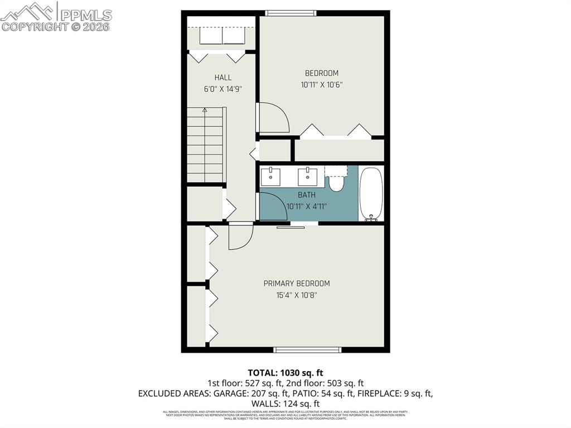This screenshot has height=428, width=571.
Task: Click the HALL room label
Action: [x=222, y=78]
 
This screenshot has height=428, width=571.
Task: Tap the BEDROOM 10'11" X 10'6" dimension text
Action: [x=321, y=85]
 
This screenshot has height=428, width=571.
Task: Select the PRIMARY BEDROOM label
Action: [x=297, y=283]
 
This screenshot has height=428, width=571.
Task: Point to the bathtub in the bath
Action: [x=371, y=193]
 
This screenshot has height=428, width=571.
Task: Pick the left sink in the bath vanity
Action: [x=272, y=176]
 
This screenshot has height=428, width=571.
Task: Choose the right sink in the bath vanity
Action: [x=307, y=176]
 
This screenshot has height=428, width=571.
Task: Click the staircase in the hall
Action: [x=205, y=146]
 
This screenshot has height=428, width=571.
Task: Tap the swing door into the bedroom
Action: [x=274, y=118]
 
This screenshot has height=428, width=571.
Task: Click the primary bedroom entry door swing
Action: [x=240, y=236]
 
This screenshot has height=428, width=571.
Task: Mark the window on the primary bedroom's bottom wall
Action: [x=307, y=350]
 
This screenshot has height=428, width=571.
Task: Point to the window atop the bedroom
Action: [x=291, y=13]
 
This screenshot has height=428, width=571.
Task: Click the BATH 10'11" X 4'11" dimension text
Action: [x=306, y=206]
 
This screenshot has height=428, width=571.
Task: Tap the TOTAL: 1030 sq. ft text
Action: [x=285, y=372]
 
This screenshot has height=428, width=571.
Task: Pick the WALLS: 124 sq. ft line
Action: [x=285, y=403]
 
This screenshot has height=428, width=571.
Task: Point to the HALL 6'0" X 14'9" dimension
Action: [x=222, y=89]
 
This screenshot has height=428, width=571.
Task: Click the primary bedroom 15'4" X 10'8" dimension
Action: [x=297, y=295]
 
